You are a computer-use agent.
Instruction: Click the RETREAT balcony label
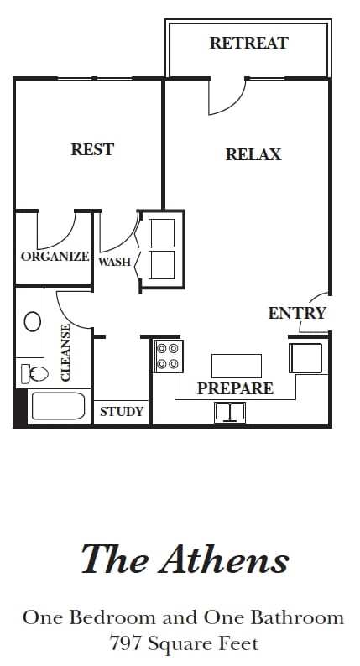pyautogui.click(x=249, y=43)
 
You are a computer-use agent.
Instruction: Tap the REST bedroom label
pyautogui.click(x=92, y=149)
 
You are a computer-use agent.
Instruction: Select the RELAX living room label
pyautogui.click(x=253, y=154)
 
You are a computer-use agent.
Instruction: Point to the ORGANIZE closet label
pyautogui.click(x=55, y=256)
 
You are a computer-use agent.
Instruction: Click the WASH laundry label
pyautogui.click(x=114, y=262)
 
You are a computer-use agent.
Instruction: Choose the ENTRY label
pyautogui.click(x=297, y=313)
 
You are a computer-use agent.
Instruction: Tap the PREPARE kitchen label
pyautogui.click(x=235, y=388)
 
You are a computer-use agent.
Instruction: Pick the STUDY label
pyautogui.click(x=122, y=412)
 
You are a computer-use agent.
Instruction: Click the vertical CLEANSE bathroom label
pyautogui.click(x=65, y=352)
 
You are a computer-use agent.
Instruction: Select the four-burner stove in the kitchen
pyautogui.click(x=168, y=356)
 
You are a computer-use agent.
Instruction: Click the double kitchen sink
pyautogui.click(x=230, y=412)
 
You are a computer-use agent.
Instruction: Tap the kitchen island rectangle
pyautogui.click(x=237, y=366)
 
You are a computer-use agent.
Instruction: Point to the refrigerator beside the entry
pyautogui.click(x=305, y=357)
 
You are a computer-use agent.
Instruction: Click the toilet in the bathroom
pyautogui.click(x=35, y=373)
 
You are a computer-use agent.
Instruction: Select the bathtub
pyautogui.click(x=58, y=407)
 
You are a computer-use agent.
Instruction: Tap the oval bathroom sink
pyautogui.click(x=32, y=321)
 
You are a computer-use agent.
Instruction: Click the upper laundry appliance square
pyautogui.click(x=161, y=232)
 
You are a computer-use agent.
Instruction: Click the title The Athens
pyautogui.click(x=185, y=558)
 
